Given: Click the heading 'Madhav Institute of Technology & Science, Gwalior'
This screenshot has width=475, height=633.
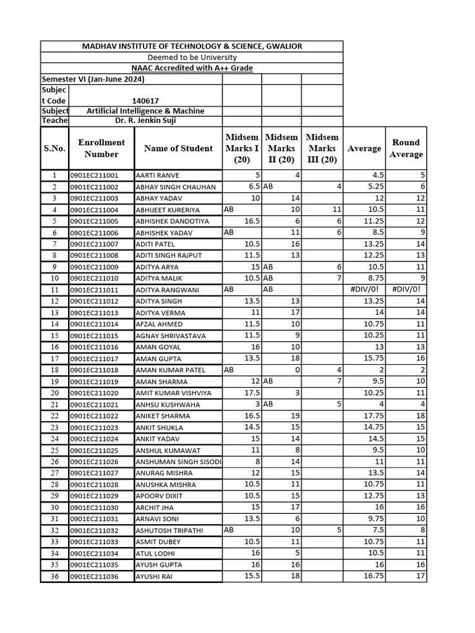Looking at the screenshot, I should pyautogui.click(x=192, y=47).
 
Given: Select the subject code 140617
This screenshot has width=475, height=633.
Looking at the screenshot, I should pyautogui.click(x=145, y=101).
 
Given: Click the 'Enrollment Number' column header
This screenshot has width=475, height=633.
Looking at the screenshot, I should pyautogui.click(x=101, y=148).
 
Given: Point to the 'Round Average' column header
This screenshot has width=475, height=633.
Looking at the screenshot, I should pyautogui.click(x=406, y=148).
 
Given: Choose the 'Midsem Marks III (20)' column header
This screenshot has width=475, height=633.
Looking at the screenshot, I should pyautogui.click(x=322, y=148).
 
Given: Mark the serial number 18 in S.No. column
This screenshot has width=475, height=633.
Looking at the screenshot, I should pyautogui.click(x=54, y=370).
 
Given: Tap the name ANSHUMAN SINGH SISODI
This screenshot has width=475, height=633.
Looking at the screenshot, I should pyautogui.click(x=178, y=462).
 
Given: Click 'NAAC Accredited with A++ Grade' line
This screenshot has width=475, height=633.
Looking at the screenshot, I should pyautogui.click(x=192, y=68).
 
